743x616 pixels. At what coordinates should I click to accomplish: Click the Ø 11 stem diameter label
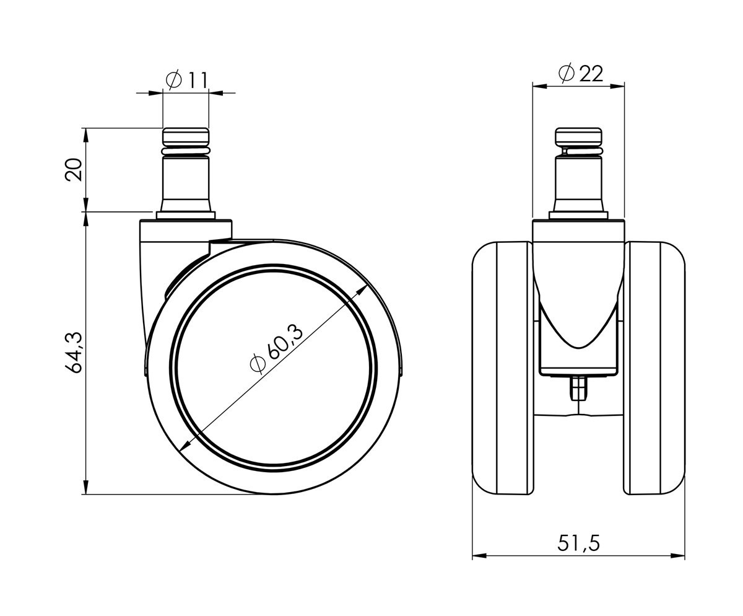186,81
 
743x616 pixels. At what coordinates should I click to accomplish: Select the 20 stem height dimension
74,170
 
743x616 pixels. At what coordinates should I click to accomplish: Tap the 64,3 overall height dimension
74,353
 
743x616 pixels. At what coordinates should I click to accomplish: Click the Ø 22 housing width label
580,74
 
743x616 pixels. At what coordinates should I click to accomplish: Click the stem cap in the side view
186,135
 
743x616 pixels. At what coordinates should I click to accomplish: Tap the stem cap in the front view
578,135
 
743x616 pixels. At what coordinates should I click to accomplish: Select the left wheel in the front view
503,368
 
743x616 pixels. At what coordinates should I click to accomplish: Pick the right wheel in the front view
654,368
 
